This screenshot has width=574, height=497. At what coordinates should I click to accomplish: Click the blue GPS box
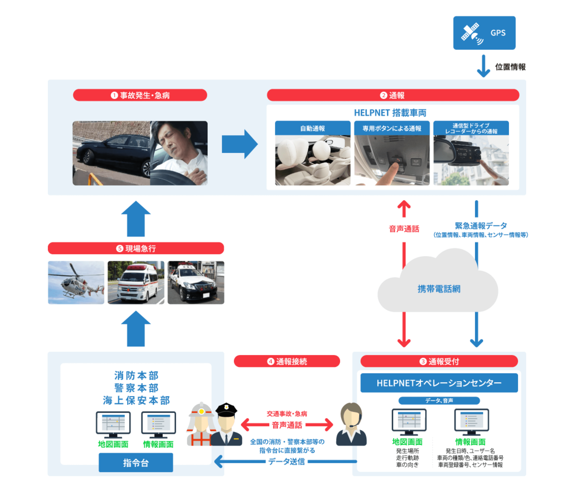[x=484, y=33]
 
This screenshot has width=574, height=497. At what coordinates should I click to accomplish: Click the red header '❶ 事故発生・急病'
[x=140, y=95]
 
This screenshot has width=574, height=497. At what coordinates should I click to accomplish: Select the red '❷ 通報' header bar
[x=393, y=95]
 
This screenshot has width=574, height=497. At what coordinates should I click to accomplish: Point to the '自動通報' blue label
[x=313, y=128]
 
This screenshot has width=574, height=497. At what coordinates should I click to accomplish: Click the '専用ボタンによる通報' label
[x=392, y=128]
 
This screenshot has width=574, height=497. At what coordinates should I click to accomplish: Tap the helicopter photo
[x=76, y=282]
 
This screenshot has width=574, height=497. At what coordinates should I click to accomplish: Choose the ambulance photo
[x=136, y=282]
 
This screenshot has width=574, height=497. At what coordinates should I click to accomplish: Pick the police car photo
[x=196, y=282]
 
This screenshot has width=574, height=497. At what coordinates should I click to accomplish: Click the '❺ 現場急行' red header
[x=136, y=248]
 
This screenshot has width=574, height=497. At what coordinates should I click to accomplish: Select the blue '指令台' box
[x=136, y=462]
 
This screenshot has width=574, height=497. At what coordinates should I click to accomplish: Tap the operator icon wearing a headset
[x=351, y=424]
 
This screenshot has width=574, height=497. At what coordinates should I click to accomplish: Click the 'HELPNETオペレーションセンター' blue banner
[x=439, y=383]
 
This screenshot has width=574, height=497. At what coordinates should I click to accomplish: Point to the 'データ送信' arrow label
[x=286, y=461]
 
